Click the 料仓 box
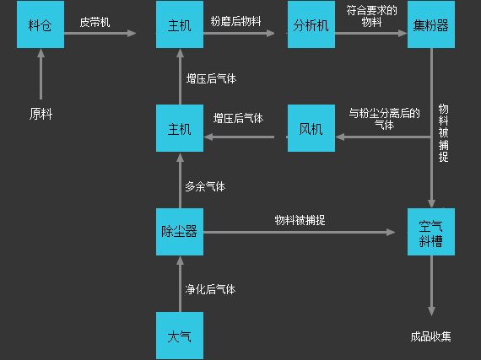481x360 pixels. (x=41, y=24)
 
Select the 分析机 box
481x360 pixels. (x=311, y=24)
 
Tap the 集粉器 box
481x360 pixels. (x=431, y=24)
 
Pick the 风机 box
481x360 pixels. (x=311, y=128)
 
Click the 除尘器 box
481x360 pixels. (x=180, y=232)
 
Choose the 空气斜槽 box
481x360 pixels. (x=431, y=232)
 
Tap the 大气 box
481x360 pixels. (x=180, y=336)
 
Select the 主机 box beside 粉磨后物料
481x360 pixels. (x=180, y=24)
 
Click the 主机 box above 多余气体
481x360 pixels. (x=180, y=128)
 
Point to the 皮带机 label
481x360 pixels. (x=95, y=22)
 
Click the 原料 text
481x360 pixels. (x=41, y=114)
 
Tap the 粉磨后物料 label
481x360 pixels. (x=236, y=21)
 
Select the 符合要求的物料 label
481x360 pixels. (x=372, y=16)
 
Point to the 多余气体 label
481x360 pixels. (x=205, y=186)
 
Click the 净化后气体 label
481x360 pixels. (x=210, y=289)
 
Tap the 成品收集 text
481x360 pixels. (x=431, y=336)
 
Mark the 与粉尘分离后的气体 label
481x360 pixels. (x=384, y=119)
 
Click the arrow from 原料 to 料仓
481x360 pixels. (x=41, y=74)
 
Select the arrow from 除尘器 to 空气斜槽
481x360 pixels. (x=299, y=232)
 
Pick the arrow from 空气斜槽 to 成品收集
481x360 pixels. (x=431, y=286)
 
